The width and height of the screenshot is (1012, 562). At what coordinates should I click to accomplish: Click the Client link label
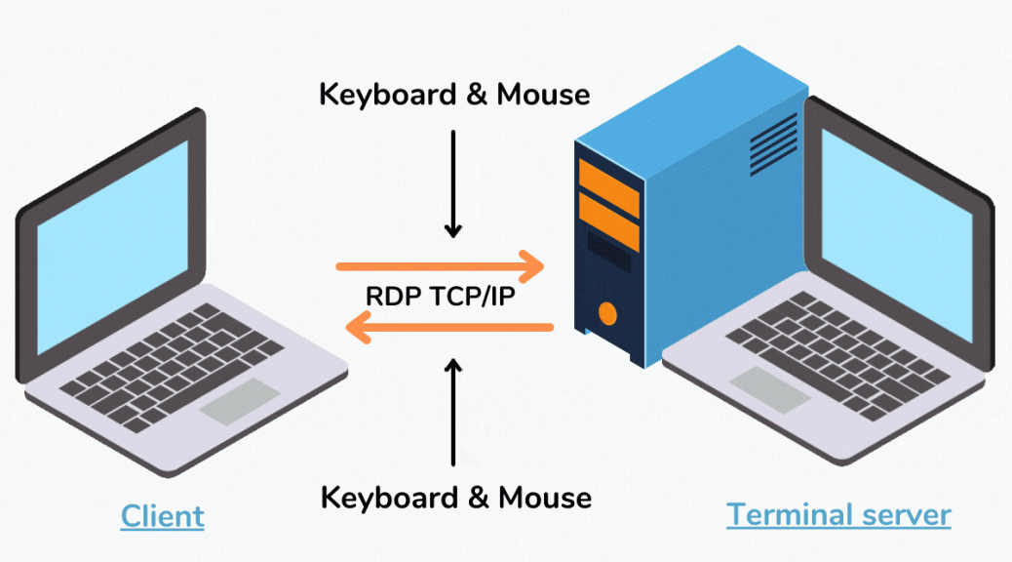coord(163,516)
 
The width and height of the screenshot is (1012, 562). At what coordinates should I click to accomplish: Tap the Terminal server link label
coord(838,515)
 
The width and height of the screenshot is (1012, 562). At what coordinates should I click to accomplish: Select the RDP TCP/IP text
coord(440,297)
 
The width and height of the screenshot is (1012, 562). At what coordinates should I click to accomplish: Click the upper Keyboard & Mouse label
coord(454,95)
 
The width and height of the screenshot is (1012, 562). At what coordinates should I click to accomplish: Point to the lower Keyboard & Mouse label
coord(455,498)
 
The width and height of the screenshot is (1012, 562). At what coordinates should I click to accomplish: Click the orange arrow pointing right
coord(440,266)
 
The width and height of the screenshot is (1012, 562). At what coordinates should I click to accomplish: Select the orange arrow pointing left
coord(449,327)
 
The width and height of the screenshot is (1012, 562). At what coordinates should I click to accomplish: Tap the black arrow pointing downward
coord(453,184)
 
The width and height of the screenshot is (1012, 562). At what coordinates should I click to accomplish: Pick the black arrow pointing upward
coord(453,412)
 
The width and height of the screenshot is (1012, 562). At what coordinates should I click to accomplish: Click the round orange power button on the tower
coord(607,314)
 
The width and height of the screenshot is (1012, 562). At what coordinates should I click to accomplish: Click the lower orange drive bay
coord(609,222)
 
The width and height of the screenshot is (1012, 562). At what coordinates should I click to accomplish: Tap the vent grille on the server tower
coord(773,144)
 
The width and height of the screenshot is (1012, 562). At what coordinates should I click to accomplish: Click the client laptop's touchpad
coord(240,401)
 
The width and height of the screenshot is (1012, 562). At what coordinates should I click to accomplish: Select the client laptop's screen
coord(112,248)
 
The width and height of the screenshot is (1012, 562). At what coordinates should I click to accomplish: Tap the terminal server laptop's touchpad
coord(769,389)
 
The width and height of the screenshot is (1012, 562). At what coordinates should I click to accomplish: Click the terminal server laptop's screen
coord(897,236)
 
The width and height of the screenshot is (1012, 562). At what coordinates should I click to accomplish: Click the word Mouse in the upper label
coord(543,95)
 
